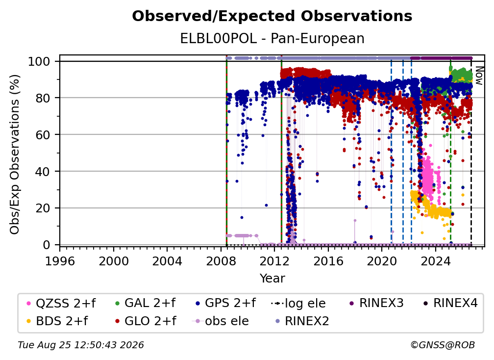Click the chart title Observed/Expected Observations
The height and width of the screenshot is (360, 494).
tap(272, 16)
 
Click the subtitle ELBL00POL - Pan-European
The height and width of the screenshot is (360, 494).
tap(272, 38)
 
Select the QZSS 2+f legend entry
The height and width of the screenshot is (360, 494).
tap(61, 303)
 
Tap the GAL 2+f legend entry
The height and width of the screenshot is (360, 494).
tap(145, 303)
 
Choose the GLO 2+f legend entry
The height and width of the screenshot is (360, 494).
tap(146, 321)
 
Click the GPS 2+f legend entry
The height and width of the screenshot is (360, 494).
tap(225, 303)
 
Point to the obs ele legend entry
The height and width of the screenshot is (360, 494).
tap(221, 321)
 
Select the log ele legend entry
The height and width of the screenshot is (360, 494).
tap(298, 303)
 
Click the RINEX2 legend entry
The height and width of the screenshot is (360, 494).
tap(302, 321)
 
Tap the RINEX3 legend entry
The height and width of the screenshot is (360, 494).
tap(376, 303)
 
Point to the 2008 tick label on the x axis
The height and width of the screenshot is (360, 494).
tap(221, 261)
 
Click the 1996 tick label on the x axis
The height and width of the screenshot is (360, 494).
tap(60, 261)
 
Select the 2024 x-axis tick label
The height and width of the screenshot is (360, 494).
tap(435, 261)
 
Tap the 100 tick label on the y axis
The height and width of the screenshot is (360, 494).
tap(39, 61)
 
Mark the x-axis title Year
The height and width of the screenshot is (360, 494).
tap(272, 279)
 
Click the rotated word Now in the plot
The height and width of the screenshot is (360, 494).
tap(479, 76)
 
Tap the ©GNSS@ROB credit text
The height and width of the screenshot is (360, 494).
tap(443, 345)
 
